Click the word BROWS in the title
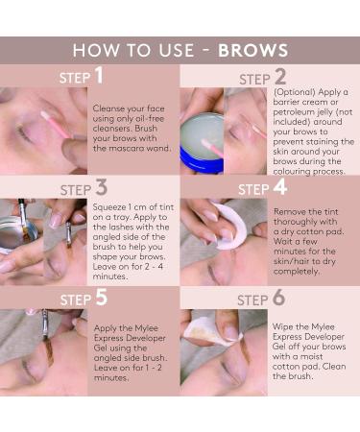[252, 50]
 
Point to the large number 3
[101, 188]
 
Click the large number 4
[280, 188]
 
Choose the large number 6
[280, 299]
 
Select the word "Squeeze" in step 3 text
[109, 204]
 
